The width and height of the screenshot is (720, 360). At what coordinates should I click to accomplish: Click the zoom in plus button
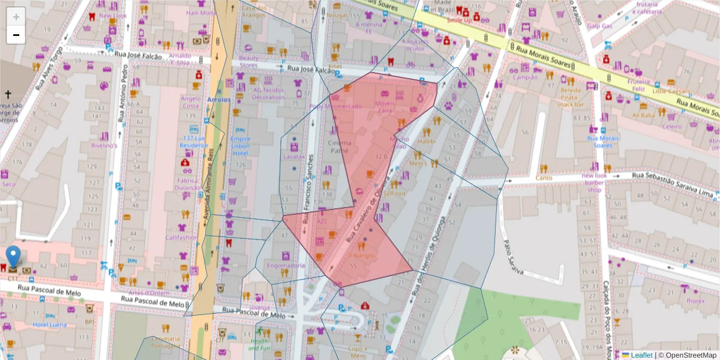(x=16, y=16)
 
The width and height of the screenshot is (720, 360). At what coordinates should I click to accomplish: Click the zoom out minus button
(x=16, y=35)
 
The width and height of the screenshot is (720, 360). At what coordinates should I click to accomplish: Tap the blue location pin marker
(x=13, y=256)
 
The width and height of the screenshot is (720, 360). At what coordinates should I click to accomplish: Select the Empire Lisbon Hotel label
(x=240, y=146)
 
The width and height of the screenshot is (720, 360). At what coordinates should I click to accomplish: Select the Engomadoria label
(x=286, y=265)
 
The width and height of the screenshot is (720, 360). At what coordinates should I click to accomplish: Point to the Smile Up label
(x=460, y=19)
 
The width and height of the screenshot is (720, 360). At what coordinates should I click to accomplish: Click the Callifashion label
(x=182, y=237)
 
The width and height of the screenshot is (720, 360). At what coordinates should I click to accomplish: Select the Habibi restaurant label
(x=427, y=141)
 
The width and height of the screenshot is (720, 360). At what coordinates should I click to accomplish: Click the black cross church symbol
(x=8, y=94)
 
